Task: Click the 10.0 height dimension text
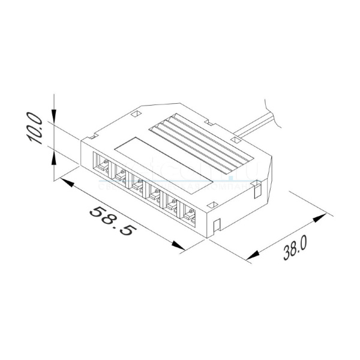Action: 35,127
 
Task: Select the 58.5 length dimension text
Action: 112,221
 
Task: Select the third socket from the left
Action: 137,184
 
